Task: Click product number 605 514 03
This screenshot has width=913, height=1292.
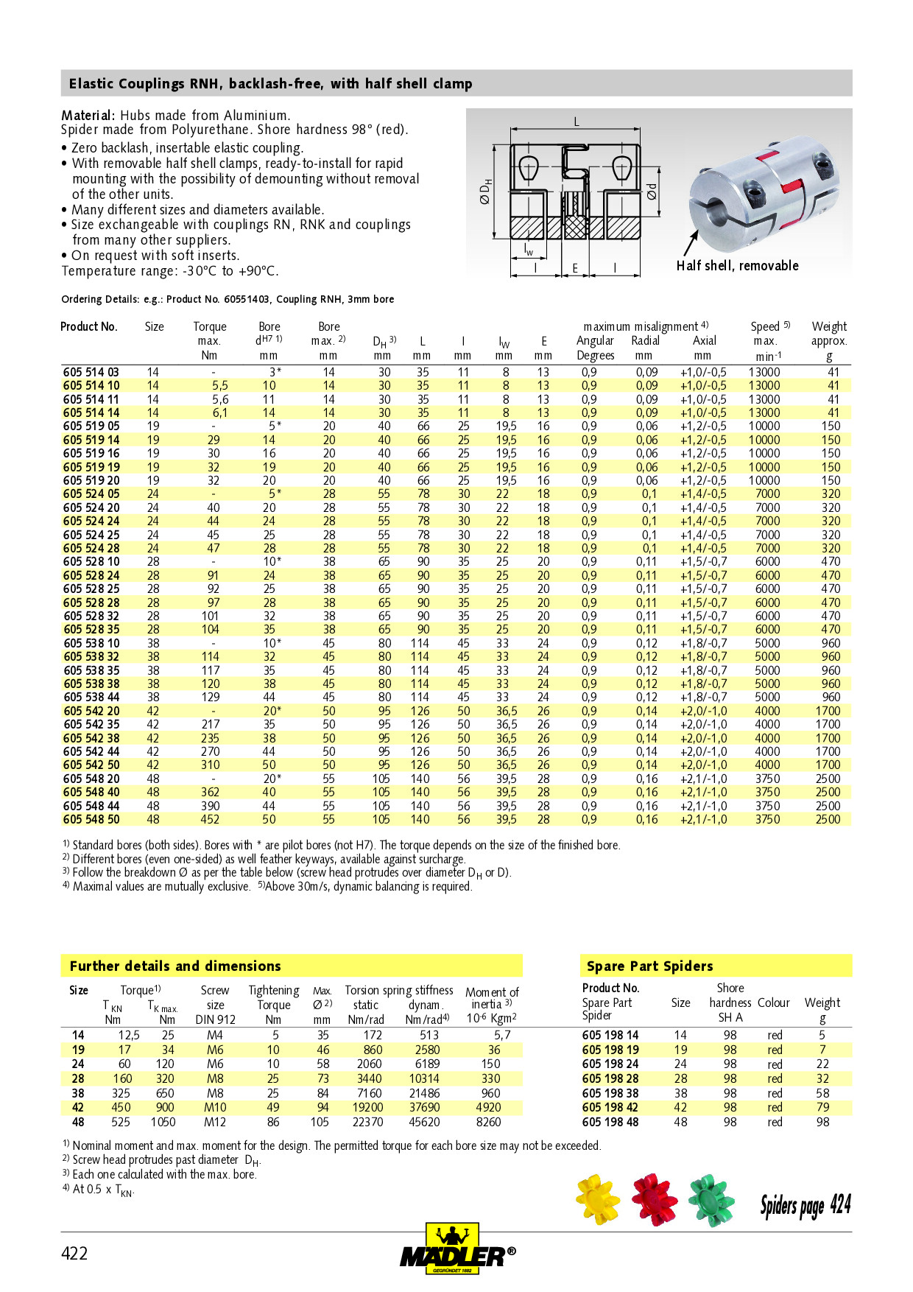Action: click(91, 372)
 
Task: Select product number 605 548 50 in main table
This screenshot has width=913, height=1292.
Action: click(91, 819)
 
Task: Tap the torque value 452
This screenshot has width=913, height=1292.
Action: click(211, 819)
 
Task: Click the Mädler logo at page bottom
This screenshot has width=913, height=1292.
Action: click(456, 1250)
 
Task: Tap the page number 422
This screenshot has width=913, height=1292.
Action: click(74, 1254)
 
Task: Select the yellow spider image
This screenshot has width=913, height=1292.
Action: click(597, 1199)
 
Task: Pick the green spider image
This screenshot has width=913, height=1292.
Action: click(712, 1200)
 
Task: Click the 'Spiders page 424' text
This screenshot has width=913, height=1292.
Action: click(806, 1205)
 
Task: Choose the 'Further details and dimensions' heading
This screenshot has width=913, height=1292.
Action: click(175, 966)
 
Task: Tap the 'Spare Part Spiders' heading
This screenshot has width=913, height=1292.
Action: click(649, 966)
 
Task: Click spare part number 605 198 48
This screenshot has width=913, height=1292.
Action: click(610, 1122)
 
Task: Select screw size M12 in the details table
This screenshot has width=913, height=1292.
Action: click(215, 1122)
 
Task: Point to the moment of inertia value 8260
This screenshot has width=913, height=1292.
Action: click(488, 1122)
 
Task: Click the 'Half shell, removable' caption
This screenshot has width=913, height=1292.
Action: click(737, 265)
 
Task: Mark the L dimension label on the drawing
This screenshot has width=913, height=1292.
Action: click(577, 122)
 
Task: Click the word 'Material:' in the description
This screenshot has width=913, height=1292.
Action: click(88, 115)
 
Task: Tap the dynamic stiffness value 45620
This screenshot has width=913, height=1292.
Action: click(424, 1122)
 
